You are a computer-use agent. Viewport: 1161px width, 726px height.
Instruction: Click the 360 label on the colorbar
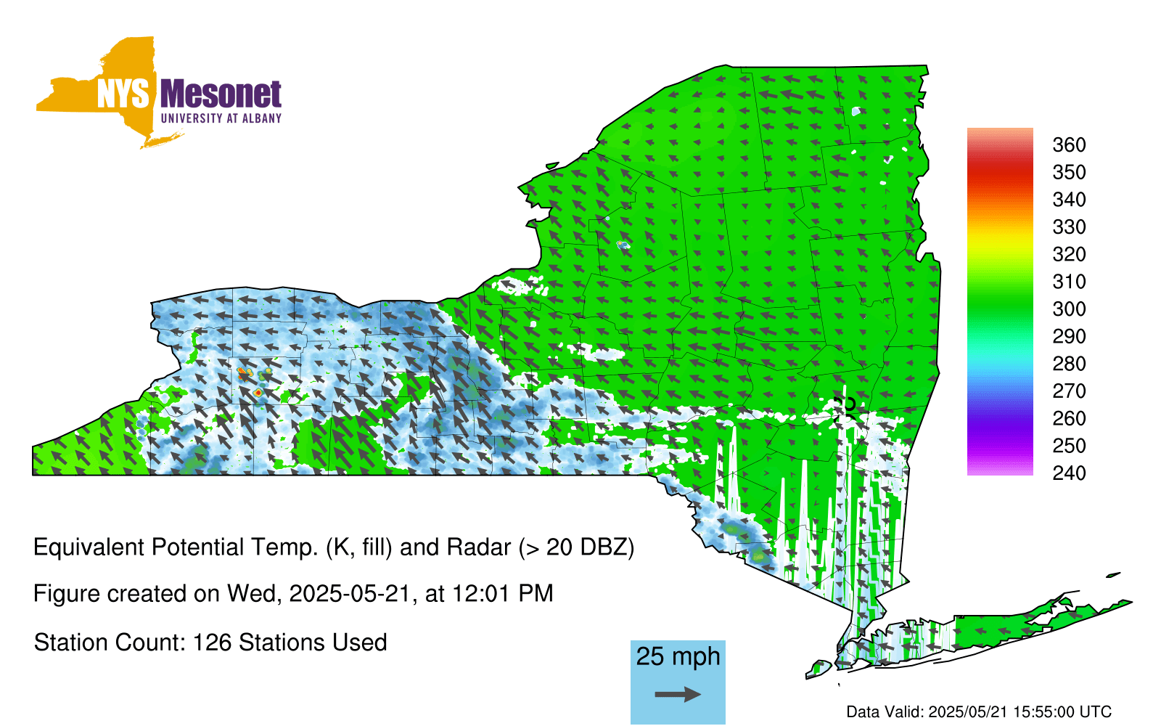[x=1069, y=144]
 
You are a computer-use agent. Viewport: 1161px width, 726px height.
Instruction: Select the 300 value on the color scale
[x=1069, y=309]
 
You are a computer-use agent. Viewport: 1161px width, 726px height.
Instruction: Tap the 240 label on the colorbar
[x=1069, y=473]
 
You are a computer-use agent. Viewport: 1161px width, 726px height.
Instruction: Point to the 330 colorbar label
[x=1069, y=227]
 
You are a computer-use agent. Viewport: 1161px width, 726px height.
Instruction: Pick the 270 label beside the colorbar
[x=1069, y=391]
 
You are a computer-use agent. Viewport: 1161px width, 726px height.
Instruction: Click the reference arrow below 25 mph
[x=678, y=694]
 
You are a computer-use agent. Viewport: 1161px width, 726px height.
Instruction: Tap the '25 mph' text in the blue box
[x=678, y=657]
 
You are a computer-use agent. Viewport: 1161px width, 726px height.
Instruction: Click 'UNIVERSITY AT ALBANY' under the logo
[x=221, y=118]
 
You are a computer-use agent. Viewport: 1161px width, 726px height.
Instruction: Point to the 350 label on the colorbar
[x=1069, y=172]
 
